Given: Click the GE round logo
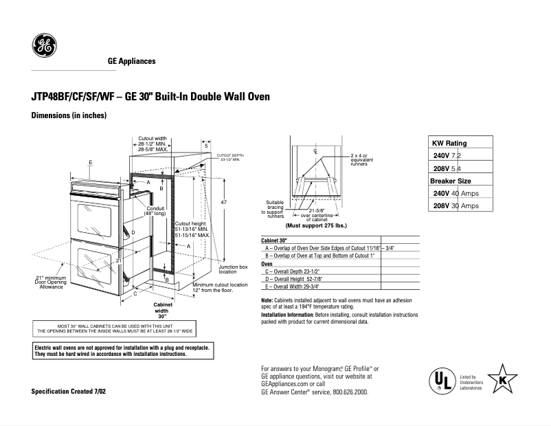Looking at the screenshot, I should point(45,48).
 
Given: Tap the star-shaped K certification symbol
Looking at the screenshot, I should point(504,379).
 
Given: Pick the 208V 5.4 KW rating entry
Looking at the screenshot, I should point(452,168).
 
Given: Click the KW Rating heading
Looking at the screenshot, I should point(449,143).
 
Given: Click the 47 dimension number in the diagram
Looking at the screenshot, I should point(224,203).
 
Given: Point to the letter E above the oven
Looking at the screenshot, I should point(91,163).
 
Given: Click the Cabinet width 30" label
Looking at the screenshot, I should point(163,311).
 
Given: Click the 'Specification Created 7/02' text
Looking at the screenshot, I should point(69,391).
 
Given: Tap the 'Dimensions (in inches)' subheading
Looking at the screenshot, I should point(69,115).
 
